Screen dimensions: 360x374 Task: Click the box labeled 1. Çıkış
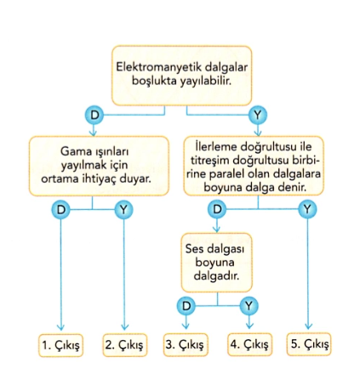pyautogui.click(x=60, y=345)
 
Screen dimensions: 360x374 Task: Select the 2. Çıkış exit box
pyautogui.click(x=124, y=345)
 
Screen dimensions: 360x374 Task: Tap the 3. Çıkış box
pyautogui.click(x=186, y=344)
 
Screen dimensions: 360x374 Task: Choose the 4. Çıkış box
pyautogui.click(x=249, y=344)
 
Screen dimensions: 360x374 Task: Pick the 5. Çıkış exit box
pyautogui.click(x=309, y=344)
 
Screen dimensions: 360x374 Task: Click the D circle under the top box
pyautogui.click(x=94, y=115)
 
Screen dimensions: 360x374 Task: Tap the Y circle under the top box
pyautogui.click(x=258, y=115)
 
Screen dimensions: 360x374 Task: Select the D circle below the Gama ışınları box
pyautogui.click(x=60, y=210)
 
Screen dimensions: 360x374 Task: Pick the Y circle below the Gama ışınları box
pyautogui.click(x=123, y=210)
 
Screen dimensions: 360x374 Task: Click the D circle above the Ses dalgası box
pyautogui.click(x=217, y=209)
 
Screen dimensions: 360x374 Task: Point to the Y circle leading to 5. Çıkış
pyautogui.click(x=307, y=209)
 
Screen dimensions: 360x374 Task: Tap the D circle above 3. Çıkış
pyautogui.click(x=186, y=306)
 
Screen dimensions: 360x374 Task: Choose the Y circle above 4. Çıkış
pyautogui.click(x=249, y=306)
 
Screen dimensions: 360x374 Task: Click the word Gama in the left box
pyautogui.click(x=74, y=151)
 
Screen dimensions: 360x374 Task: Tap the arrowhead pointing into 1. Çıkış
pyautogui.click(x=60, y=327)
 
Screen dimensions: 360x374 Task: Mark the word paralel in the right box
pyautogui.click(x=227, y=174)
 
